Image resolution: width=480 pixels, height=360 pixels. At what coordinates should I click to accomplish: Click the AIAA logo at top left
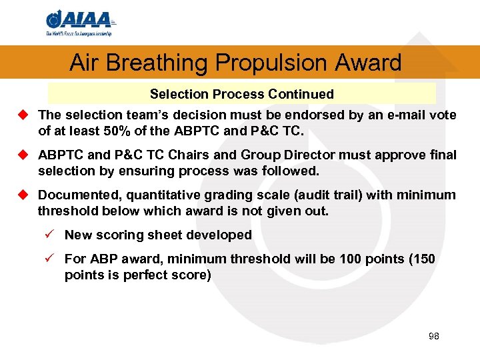point(78,23)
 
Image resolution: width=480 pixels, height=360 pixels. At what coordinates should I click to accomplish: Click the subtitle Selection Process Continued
point(241,94)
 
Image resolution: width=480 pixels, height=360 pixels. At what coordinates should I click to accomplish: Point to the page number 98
point(433,337)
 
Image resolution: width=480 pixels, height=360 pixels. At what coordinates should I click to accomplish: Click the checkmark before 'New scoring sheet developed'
point(52,235)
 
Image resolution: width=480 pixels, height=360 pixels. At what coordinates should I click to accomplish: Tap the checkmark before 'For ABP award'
point(52,259)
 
